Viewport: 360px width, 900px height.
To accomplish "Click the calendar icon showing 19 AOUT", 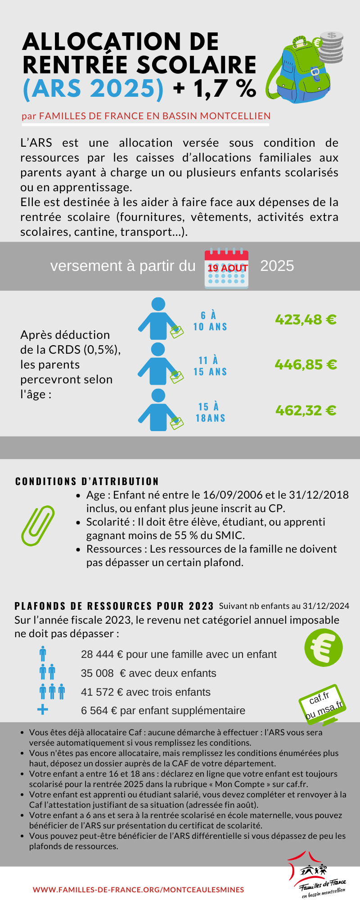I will point(226,269).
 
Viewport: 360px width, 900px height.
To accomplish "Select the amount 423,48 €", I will point(306,320).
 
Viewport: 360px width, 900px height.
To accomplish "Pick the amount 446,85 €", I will point(306,364).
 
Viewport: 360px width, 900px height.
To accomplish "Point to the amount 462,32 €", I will point(306,410).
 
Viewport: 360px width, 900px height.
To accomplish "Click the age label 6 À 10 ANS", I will point(210,321).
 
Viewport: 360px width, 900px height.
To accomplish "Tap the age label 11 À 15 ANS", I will point(210,366).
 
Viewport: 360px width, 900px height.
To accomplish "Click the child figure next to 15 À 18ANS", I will point(158,410).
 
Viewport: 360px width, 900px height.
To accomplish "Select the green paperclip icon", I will point(38,525).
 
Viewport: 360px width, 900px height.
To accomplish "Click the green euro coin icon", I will point(323,648).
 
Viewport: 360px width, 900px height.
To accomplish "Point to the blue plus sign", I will point(43,710).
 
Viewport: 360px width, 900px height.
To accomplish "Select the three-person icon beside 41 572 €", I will point(52,691).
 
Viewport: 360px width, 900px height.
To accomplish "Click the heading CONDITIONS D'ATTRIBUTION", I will point(87,481).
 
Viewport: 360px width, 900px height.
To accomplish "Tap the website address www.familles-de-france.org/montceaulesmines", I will point(139,890).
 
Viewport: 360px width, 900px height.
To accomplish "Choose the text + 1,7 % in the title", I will point(215,88).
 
